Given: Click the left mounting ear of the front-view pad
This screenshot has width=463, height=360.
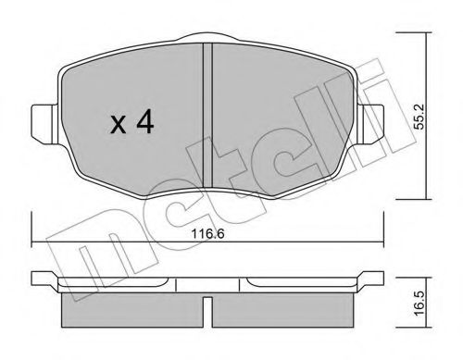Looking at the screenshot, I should [43, 119].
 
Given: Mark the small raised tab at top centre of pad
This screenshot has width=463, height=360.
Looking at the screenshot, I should [207, 39].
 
